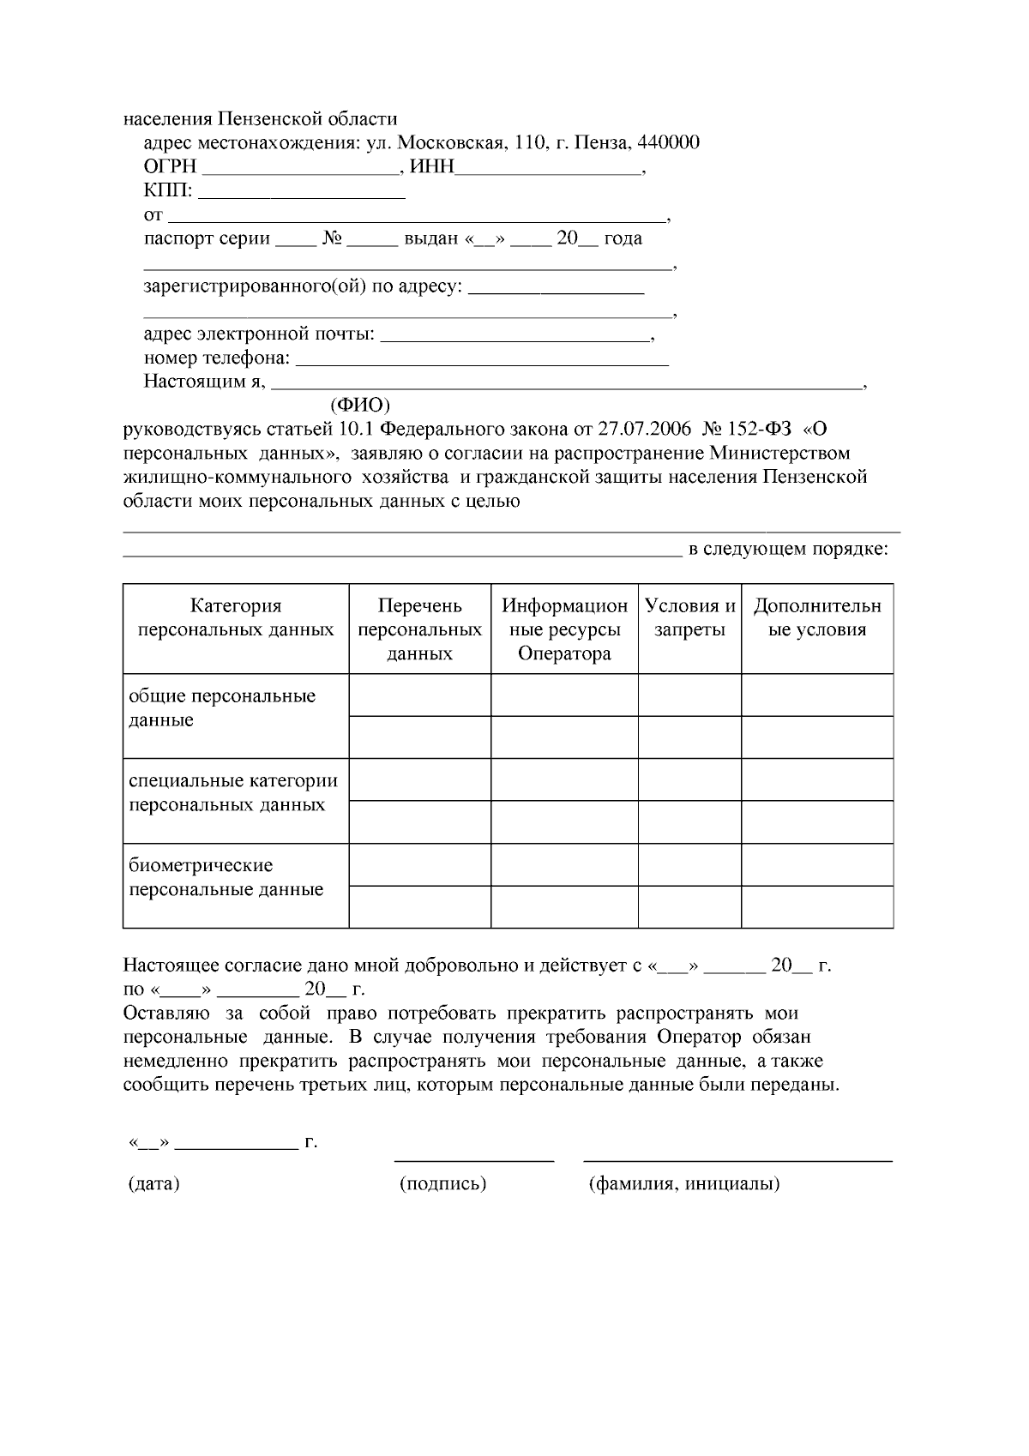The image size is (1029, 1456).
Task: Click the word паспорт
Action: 177,238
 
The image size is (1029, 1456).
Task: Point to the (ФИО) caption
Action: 360,404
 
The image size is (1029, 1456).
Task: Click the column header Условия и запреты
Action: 689,618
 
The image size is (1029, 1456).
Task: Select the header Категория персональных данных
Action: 236,618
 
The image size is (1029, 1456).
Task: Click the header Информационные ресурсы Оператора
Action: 564,629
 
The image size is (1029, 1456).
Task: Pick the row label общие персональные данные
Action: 222,707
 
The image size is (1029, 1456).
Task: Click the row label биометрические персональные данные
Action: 226,877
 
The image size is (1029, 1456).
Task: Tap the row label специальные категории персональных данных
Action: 233,792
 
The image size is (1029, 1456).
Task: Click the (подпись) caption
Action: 442,1184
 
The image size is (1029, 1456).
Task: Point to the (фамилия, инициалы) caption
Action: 683,1184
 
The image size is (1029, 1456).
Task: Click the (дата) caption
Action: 153,1184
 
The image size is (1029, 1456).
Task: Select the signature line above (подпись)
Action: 473,1160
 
